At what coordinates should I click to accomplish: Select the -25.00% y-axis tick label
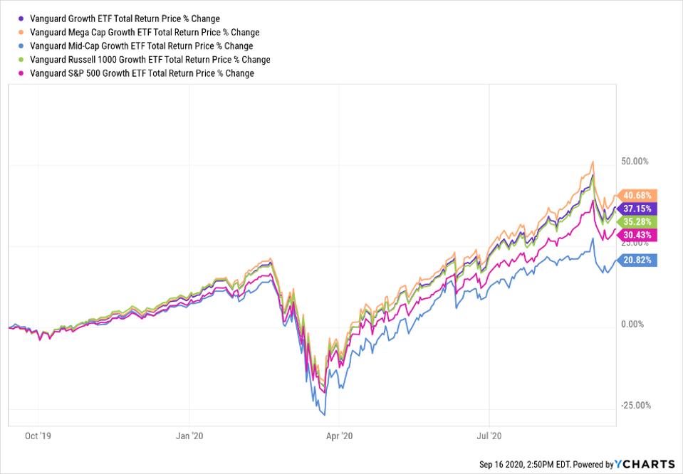coord(635,406)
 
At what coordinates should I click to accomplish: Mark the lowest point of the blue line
coord(325,414)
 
